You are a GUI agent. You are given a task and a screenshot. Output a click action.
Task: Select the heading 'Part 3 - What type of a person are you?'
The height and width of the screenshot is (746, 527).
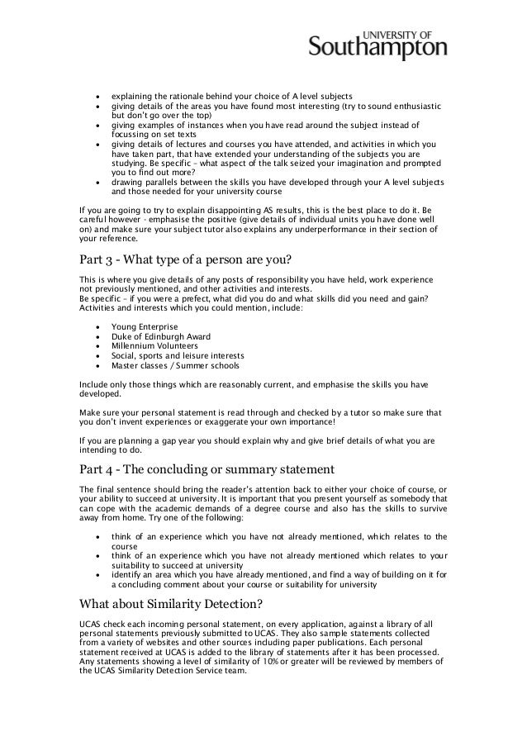coord(185,264)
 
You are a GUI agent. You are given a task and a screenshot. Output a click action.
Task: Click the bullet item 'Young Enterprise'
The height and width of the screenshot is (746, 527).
coord(144,326)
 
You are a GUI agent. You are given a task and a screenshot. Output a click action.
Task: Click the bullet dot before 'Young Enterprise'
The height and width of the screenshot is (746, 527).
coord(98,327)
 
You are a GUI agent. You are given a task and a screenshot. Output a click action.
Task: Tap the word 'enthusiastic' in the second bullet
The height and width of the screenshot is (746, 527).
coord(419,107)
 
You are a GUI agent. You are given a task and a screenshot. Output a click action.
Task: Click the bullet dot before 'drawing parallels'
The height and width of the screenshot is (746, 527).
coord(98,181)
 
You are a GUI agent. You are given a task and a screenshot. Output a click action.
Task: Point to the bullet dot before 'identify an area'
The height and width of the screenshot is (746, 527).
coord(98,573)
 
